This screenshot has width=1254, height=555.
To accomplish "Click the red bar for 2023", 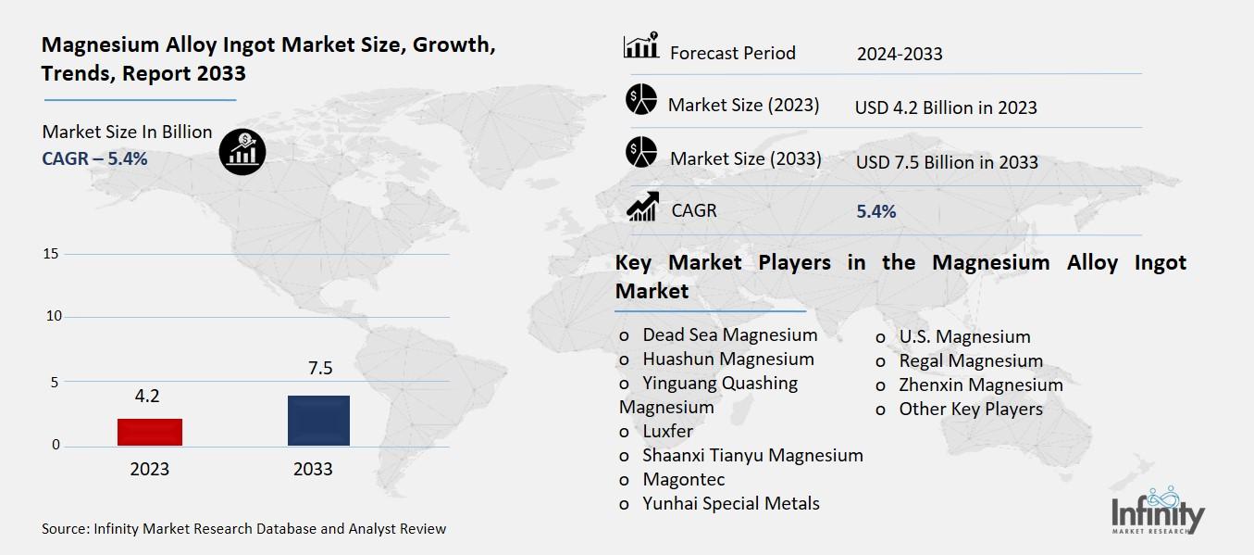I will pyautogui.click(x=149, y=432).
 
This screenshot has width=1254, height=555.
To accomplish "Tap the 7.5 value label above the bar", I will pyautogui.click(x=320, y=370).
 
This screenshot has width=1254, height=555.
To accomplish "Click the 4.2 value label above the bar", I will pyautogui.click(x=147, y=397).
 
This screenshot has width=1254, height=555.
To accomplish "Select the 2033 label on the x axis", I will pyautogui.click(x=313, y=469).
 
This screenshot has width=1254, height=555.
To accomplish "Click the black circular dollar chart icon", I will pyautogui.click(x=242, y=151).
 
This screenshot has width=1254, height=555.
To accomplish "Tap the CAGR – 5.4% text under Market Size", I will pyautogui.click(x=94, y=158).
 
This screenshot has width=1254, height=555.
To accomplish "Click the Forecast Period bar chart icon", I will pyautogui.click(x=641, y=46).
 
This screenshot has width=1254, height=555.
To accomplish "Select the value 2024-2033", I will pyautogui.click(x=899, y=54).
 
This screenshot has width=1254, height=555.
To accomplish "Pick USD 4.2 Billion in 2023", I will pyautogui.click(x=946, y=107).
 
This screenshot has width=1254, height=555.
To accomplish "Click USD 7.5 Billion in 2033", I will pyautogui.click(x=947, y=162).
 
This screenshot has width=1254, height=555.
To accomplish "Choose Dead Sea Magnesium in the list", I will pyautogui.click(x=729, y=335).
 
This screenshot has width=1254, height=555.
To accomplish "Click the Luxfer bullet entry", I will pyautogui.click(x=667, y=432).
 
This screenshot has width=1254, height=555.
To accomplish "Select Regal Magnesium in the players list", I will pyautogui.click(x=970, y=360).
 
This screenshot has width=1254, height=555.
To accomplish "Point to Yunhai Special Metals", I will pyautogui.click(x=730, y=504).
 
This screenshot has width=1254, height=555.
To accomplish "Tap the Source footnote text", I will pyautogui.click(x=243, y=529).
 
